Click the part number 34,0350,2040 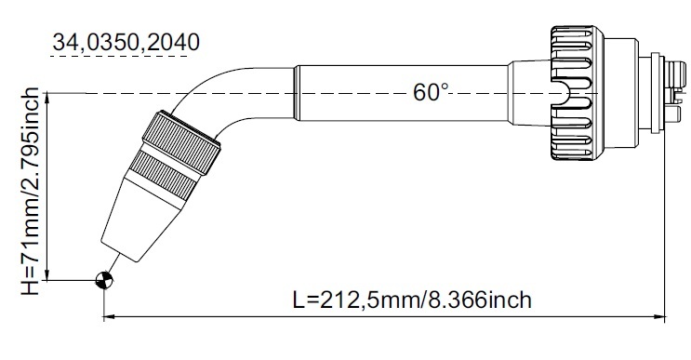point(126,42)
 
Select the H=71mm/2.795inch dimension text point(31,192)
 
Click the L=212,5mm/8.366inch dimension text point(412,300)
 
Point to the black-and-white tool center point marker point(104,279)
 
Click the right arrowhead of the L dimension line point(659,316)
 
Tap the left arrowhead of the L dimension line point(109,316)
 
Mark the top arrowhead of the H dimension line point(47,99)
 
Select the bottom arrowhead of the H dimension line point(47,274)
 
